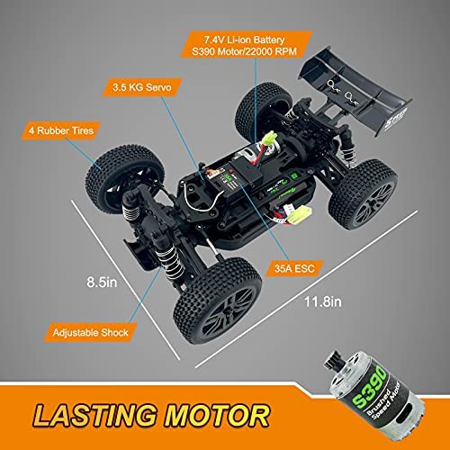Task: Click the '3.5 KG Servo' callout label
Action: [x=142, y=87]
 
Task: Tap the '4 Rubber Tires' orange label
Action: [x=61, y=130]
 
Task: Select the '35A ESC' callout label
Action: [x=294, y=268]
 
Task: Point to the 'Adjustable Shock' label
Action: [x=90, y=332]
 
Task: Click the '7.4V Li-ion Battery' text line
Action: [x=245, y=40]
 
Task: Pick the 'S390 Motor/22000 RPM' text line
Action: [x=245, y=51]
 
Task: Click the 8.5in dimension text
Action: [x=102, y=283]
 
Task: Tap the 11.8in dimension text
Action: [x=323, y=301]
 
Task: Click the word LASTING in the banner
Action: [x=95, y=416]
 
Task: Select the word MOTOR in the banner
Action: [x=217, y=416]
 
